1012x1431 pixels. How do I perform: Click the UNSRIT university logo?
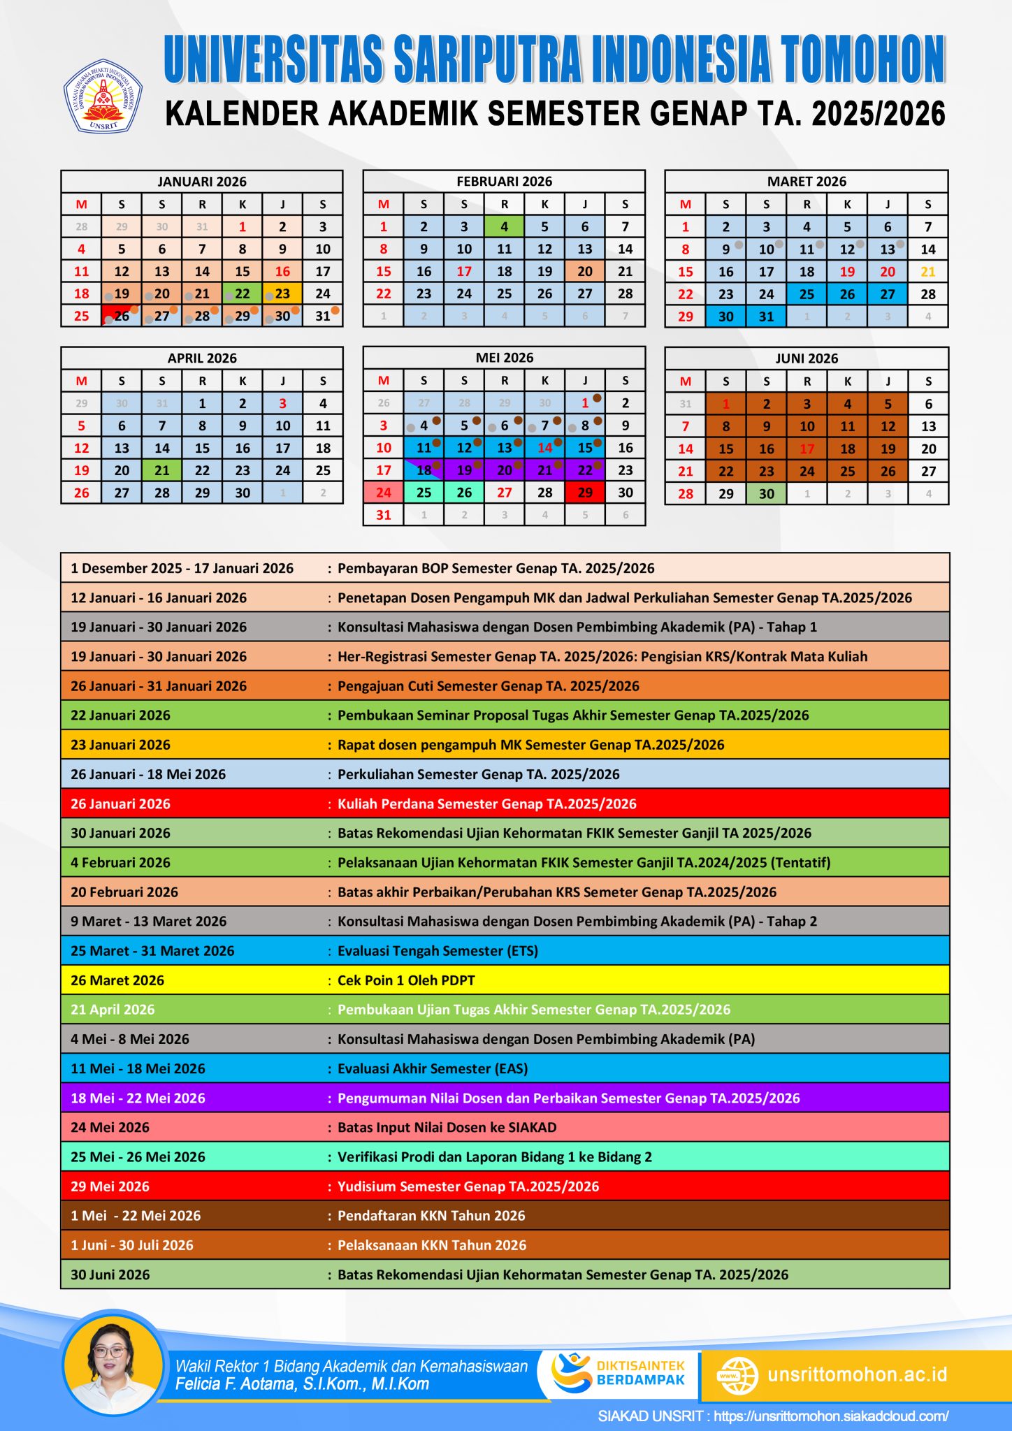103,96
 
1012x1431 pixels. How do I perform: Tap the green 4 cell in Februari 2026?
504,226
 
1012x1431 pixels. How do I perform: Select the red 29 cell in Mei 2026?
585,493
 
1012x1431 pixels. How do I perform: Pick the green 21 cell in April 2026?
162,470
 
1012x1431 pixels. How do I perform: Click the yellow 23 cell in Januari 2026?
282,294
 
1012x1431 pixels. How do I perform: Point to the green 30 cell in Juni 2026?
766,493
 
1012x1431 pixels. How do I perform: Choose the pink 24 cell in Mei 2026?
384,493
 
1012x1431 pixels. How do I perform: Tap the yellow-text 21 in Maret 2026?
927,272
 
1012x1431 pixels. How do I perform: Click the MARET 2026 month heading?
807,182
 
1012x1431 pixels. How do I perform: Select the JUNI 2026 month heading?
807,358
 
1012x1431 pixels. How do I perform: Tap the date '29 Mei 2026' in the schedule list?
110,1186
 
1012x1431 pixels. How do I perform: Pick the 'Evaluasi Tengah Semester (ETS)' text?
438,951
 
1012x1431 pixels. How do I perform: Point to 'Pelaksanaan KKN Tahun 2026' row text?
432,1245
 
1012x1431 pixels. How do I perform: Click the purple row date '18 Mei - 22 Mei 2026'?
138,1098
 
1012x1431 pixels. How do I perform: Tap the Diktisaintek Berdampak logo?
619,1373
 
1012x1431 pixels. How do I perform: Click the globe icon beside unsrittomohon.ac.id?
738,1375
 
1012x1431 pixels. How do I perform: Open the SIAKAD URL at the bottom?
831,1416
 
